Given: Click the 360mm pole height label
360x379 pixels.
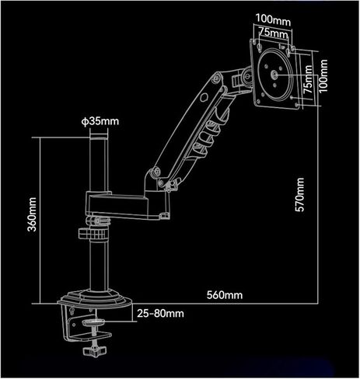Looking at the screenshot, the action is pyautogui.click(x=32, y=214).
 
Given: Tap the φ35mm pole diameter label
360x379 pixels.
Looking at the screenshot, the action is pyautogui.click(x=100, y=121).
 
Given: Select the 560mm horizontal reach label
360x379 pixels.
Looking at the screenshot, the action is pyautogui.click(x=225, y=295).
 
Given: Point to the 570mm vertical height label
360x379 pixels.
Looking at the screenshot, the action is pyautogui.click(x=300, y=195).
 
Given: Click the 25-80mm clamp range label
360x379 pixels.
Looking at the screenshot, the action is pyautogui.click(x=160, y=314).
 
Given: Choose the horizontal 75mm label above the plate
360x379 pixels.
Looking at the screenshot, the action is pyautogui.click(x=273, y=33).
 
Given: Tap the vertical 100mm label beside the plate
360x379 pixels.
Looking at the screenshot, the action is pyautogui.click(x=323, y=75).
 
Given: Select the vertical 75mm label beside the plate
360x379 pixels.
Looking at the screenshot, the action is pyautogui.click(x=308, y=79).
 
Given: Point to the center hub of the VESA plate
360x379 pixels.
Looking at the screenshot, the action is pyautogui.click(x=274, y=75).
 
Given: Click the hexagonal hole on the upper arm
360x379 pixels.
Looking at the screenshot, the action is pyautogui.click(x=204, y=97).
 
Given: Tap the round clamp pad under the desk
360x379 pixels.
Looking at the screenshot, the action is pyautogui.click(x=93, y=322).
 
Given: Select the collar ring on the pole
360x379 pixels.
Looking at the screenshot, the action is pyautogui.click(x=93, y=234).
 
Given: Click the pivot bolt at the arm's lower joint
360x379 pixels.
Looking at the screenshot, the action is pyautogui.click(x=156, y=171).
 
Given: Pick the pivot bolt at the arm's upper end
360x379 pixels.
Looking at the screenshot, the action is pyautogui.click(x=216, y=78).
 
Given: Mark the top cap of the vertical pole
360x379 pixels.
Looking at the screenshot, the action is pyautogui.click(x=99, y=138).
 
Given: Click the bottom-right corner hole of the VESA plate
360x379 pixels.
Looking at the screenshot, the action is pyautogui.click(x=297, y=105).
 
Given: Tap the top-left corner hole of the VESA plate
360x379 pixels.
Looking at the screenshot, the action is pyautogui.click(x=253, y=40).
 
